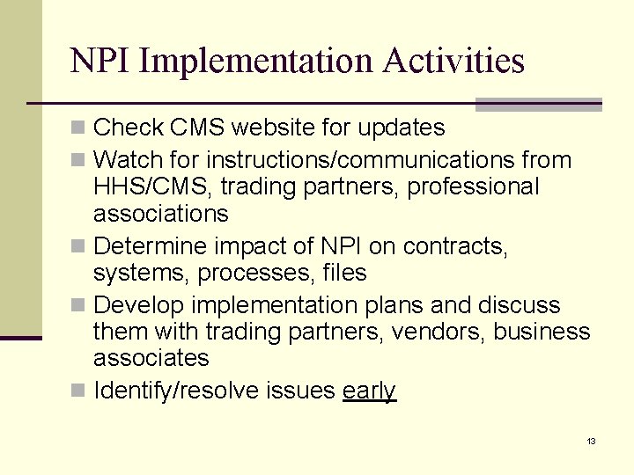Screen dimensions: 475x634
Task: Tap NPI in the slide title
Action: tap(100, 61)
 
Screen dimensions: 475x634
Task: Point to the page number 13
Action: tap(591, 441)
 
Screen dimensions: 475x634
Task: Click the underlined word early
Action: tap(369, 391)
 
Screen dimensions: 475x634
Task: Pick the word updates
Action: tap(401, 128)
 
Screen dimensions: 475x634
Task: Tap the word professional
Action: tap(466, 187)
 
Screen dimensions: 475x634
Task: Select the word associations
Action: tap(160, 214)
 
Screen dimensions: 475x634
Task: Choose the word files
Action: tap(343, 274)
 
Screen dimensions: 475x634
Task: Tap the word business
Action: tap(542, 332)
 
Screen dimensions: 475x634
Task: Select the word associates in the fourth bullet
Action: tap(151, 358)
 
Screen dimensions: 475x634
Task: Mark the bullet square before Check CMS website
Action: tap(78, 128)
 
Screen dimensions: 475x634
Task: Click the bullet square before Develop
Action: tap(78, 306)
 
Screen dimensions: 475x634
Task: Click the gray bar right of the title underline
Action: tap(538, 104)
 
